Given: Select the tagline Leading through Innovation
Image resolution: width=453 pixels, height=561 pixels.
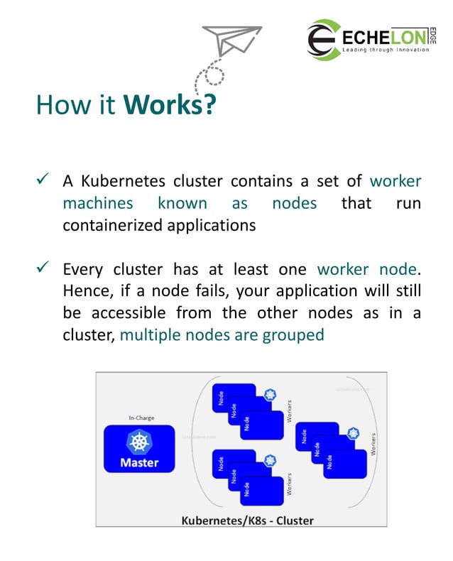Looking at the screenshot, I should (x=386, y=50).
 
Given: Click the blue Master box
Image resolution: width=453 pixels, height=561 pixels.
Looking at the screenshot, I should (x=139, y=450).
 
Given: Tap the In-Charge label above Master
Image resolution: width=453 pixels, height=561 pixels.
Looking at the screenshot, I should (x=141, y=418).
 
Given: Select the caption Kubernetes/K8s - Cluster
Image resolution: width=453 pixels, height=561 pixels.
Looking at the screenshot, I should (x=246, y=520).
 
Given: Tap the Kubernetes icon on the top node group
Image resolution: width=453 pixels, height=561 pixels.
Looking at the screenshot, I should (x=269, y=395).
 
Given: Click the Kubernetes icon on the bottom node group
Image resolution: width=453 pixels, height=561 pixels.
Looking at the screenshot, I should (x=269, y=460).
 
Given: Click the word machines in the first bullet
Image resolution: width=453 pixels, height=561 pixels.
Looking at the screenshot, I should (x=98, y=203).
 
